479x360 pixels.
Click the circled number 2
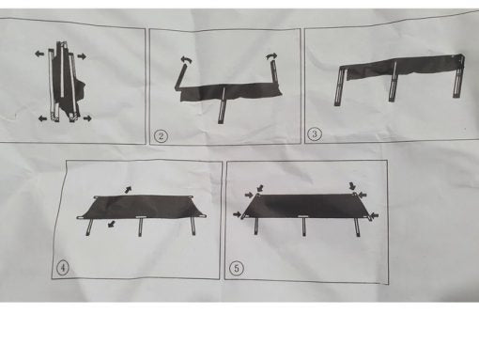click(162, 135)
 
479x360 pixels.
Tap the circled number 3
click(316, 133)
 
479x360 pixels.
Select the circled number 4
click(63, 266)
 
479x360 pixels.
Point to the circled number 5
click(236, 268)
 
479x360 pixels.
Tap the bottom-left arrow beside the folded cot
click(41, 118)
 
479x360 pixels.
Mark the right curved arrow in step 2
click(273, 59)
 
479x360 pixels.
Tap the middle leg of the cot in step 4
click(139, 228)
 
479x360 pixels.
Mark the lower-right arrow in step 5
click(373, 217)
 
